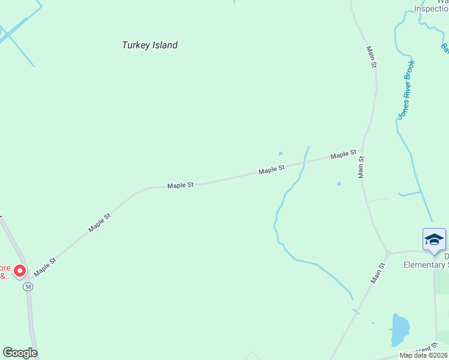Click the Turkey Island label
point(150,45)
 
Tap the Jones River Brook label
point(406,89)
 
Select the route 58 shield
point(28,287)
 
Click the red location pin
point(20,272)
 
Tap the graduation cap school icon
point(434,240)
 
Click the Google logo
point(20,353)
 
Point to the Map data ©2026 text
point(424,355)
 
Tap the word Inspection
point(432,8)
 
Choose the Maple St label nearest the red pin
point(45,266)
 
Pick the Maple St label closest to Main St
point(344,155)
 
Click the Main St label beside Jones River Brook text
point(372,55)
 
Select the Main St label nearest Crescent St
point(377,272)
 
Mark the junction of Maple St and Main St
point(360,151)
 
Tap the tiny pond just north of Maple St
point(280,154)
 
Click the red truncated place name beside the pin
point(5,272)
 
